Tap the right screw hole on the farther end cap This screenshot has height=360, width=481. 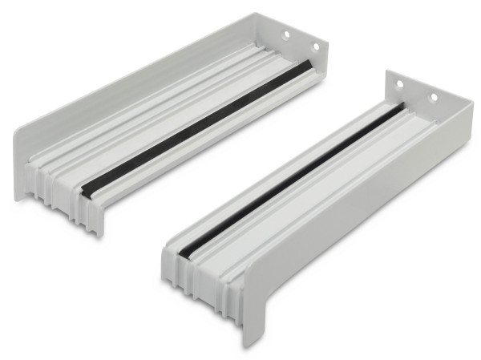coord(315,47)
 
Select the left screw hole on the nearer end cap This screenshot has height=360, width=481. coord(399,84)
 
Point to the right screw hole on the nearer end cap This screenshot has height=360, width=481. coord(433,98)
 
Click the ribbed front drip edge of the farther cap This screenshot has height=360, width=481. coord(64,204)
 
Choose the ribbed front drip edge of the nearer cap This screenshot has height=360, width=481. coord(200,281)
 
